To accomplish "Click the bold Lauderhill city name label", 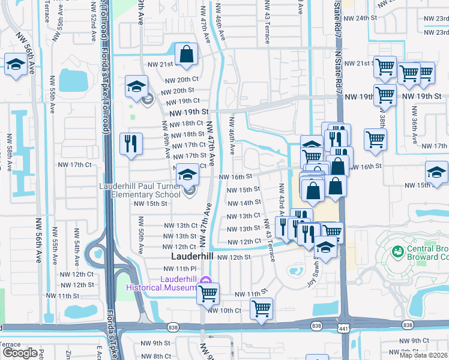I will (x=188, y=256).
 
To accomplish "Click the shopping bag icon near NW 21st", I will (x=187, y=53).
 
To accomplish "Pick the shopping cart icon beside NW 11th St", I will (x=208, y=294).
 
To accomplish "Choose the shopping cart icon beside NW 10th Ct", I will (x=261, y=309).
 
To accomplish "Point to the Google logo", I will (x=19, y=353).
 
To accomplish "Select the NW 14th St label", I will (x=244, y=203).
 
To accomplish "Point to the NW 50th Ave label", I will (x=142, y=239).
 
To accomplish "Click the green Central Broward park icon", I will (x=397, y=250).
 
